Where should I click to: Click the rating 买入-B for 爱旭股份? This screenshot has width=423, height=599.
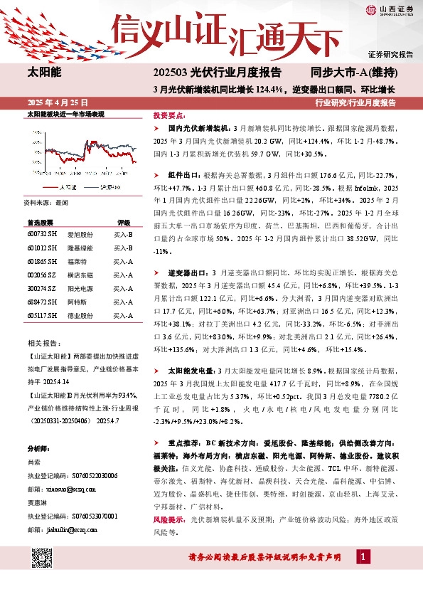(124, 233)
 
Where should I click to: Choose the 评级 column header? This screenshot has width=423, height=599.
(124, 222)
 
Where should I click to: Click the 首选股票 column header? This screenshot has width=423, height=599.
(41, 222)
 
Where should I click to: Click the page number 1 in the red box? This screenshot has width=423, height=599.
(363, 575)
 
